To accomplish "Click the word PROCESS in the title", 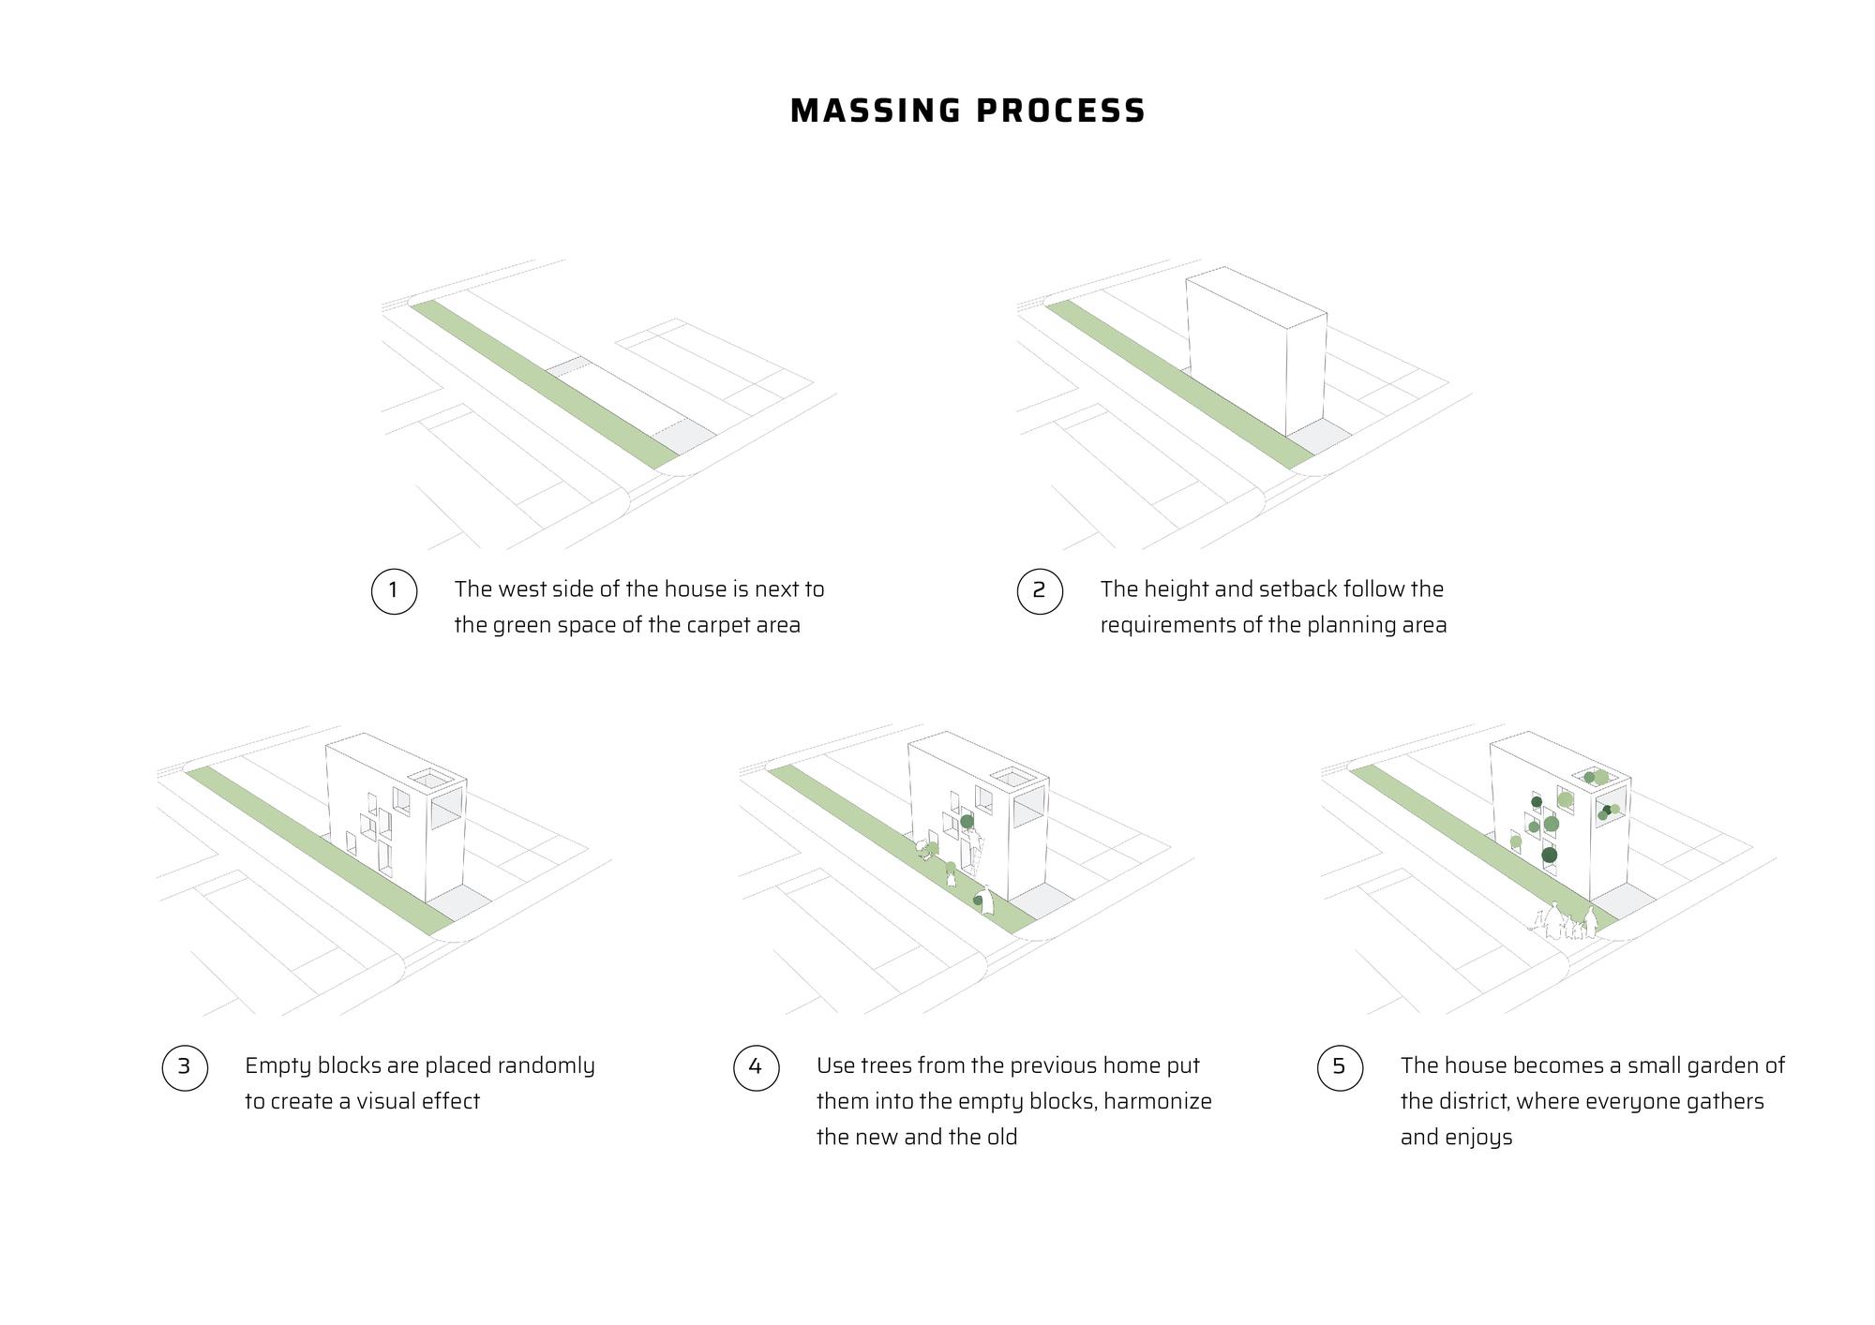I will click(x=1060, y=111).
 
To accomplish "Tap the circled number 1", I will click(x=394, y=590).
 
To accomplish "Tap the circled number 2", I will click(x=1039, y=590).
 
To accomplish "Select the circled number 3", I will click(x=184, y=1066).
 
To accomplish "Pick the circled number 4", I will click(x=756, y=1066).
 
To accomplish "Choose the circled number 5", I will click(x=1339, y=1066).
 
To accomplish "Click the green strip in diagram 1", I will click(x=544, y=384).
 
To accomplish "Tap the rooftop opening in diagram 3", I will click(x=432, y=779).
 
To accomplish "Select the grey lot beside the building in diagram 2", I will click(x=1318, y=433).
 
